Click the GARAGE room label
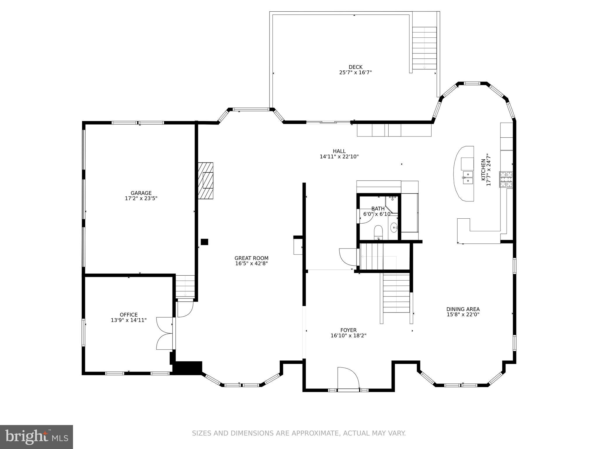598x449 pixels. tap(141, 193)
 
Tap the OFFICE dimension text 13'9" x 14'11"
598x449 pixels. tap(128, 320)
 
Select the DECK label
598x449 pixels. tap(355, 67)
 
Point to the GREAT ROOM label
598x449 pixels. tap(251, 258)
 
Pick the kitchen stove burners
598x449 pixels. tap(506, 179)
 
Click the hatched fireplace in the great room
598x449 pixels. tap(206, 180)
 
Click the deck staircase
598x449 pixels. tap(424, 48)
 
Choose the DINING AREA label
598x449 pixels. tap(463, 309)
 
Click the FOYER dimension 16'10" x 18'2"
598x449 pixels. tap(348, 336)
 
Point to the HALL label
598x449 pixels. tap(339, 151)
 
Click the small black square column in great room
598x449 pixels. tap(204, 242)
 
